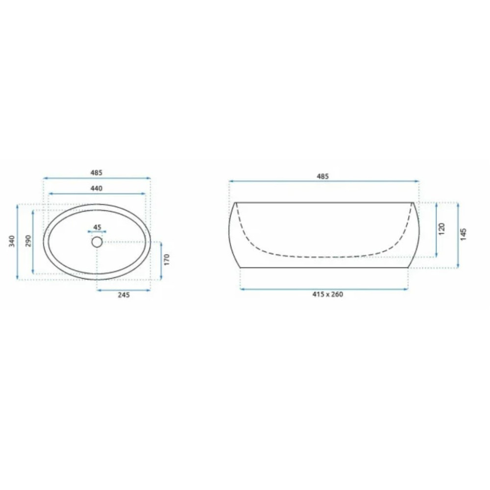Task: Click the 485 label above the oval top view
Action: coord(96,172)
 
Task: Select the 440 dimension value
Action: coord(96,188)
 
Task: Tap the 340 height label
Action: coord(12,241)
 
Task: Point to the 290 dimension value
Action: coord(28,241)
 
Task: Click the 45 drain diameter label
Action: coord(97,227)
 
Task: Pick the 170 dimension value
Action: coord(166,260)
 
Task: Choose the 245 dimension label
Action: coord(124,294)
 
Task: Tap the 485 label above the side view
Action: coord(323,176)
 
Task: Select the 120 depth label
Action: coord(441,229)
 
